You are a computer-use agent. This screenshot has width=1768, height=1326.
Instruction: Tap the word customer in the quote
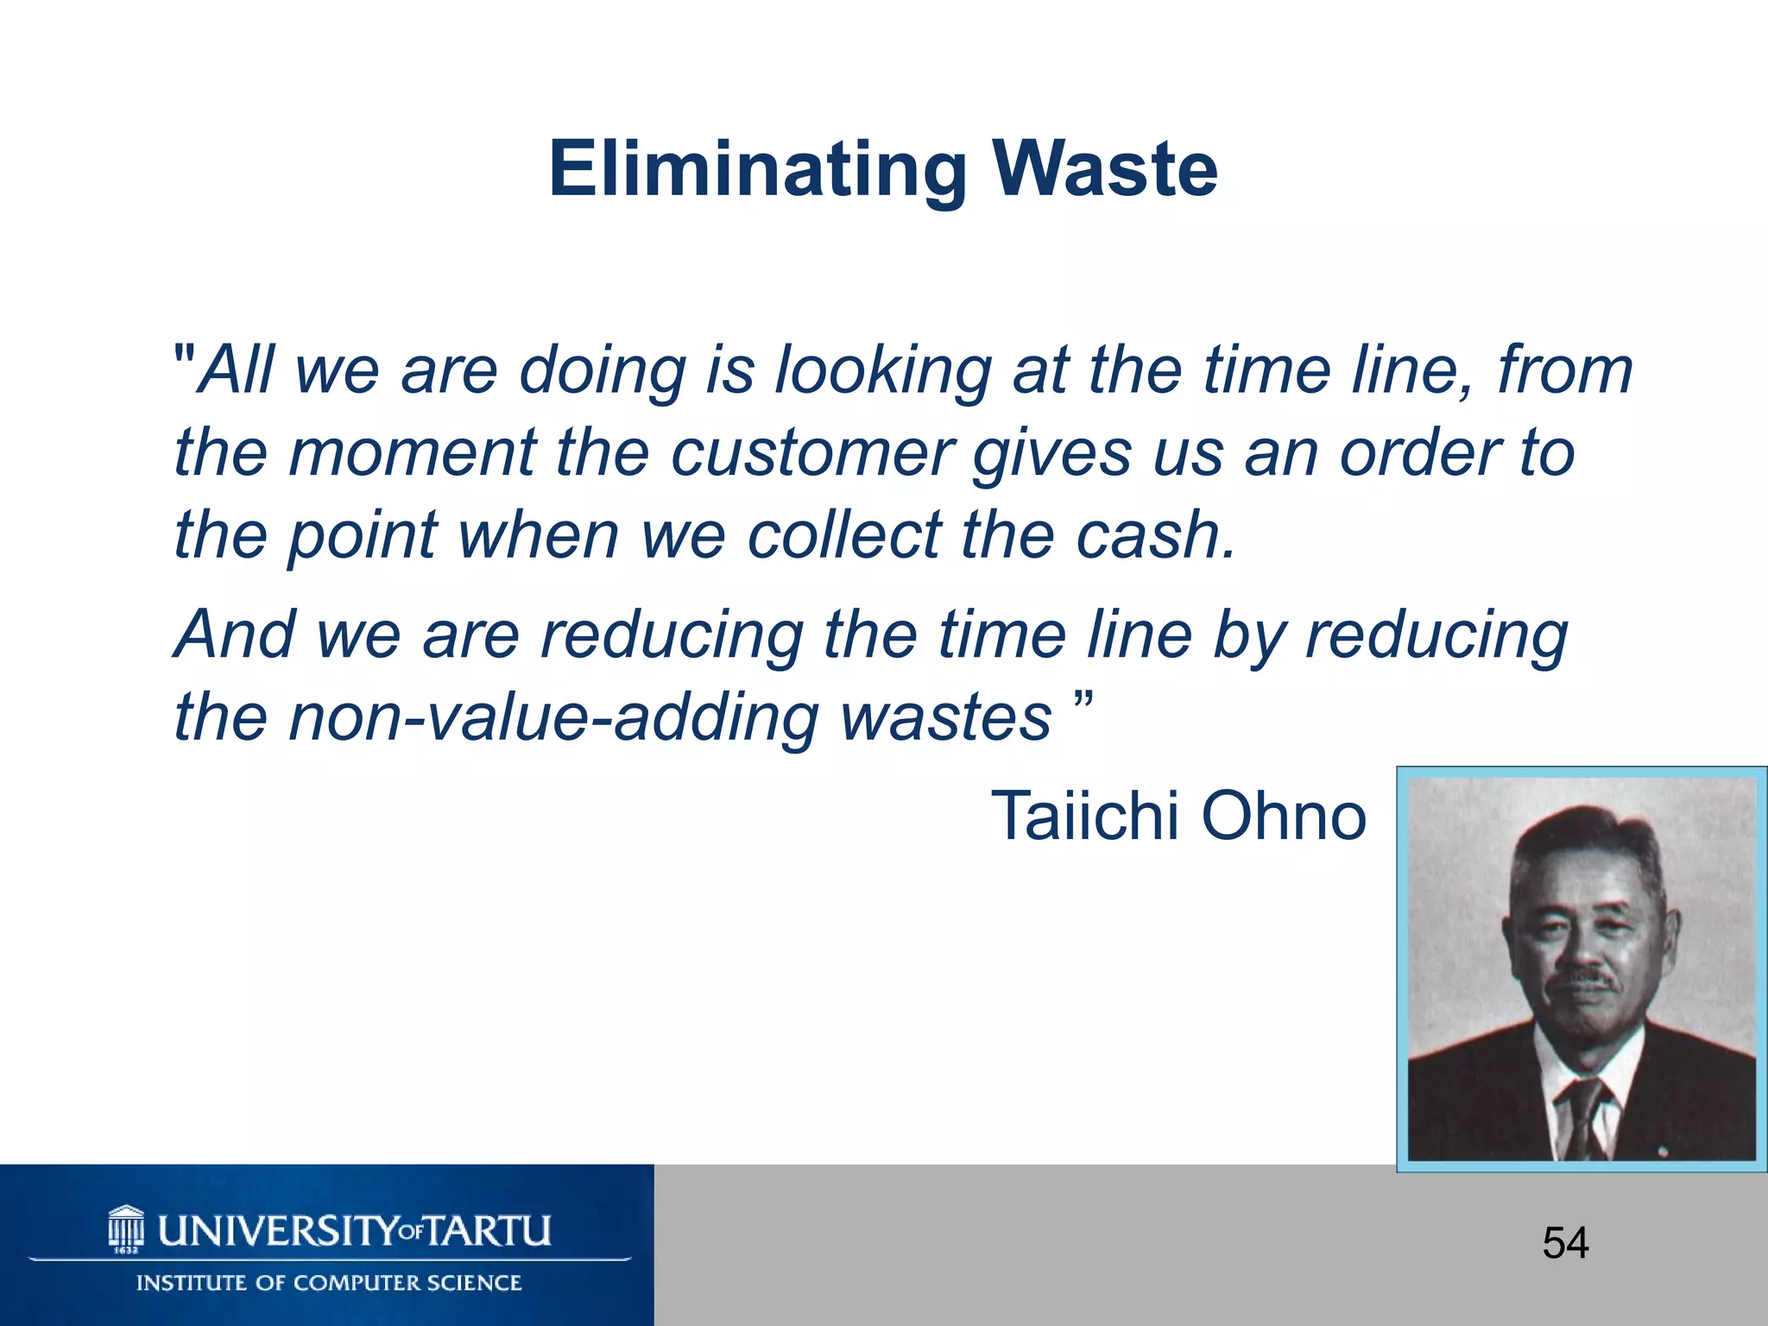click(x=811, y=452)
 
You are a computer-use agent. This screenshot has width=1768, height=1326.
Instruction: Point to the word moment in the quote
click(x=413, y=452)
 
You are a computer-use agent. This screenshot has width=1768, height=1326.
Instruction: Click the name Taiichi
click(x=1084, y=815)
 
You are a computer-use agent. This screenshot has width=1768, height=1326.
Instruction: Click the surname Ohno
click(x=1284, y=815)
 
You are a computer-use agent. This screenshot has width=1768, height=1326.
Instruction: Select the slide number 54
click(x=1565, y=1244)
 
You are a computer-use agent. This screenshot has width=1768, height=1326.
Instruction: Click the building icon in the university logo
click(x=126, y=1227)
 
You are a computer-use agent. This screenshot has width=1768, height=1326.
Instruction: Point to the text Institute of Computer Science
click(x=329, y=1283)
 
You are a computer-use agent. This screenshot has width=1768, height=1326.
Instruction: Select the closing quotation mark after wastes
click(x=1085, y=698)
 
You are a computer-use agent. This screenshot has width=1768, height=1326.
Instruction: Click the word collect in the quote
click(x=843, y=534)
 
